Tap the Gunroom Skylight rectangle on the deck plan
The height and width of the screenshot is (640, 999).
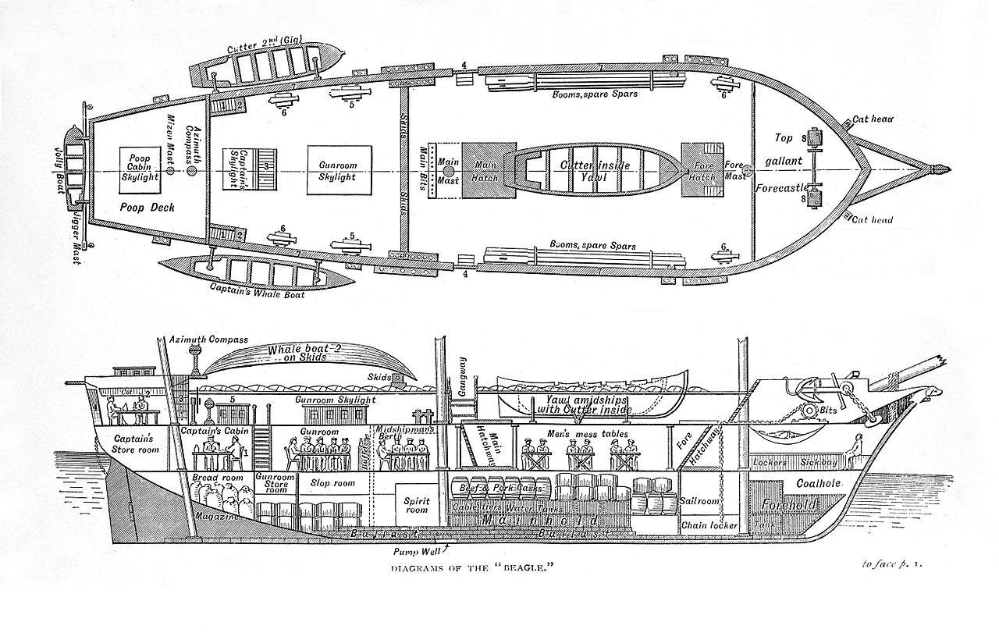pos(337,170)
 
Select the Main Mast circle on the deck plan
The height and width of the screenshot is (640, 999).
pos(447,170)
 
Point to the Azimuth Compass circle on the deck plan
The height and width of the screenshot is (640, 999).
pos(191,170)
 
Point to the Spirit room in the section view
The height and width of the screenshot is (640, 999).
pos(417,504)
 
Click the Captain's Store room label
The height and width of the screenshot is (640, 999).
pos(136,443)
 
